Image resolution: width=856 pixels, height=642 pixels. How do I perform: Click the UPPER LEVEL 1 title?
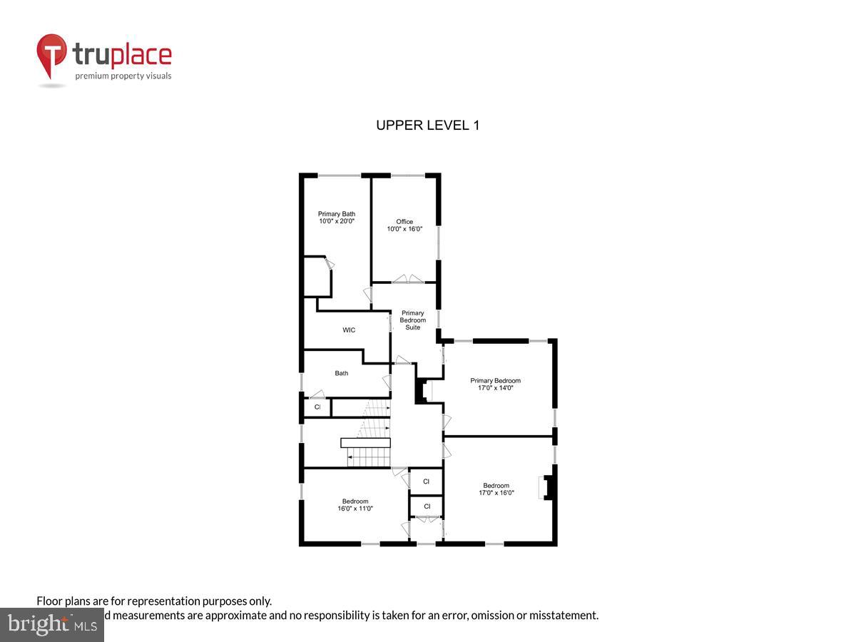click(427, 126)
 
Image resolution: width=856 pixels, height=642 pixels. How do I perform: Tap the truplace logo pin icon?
click(51, 54)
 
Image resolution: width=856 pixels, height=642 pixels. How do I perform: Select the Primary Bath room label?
click(336, 214)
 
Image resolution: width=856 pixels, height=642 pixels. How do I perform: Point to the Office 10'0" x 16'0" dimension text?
click(404, 229)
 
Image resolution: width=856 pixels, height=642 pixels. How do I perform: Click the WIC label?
click(349, 330)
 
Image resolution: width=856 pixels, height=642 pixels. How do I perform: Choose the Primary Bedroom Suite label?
click(413, 320)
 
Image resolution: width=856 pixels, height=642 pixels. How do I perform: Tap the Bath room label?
click(342, 373)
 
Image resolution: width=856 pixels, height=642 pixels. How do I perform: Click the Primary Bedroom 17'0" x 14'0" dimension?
click(495, 388)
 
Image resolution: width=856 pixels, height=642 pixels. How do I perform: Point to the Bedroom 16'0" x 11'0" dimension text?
click(355, 509)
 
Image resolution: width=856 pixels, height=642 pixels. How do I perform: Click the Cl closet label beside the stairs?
click(317, 407)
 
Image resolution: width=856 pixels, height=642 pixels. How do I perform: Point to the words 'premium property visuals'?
click(123, 76)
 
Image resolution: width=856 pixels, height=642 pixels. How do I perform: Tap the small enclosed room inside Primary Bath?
click(317, 277)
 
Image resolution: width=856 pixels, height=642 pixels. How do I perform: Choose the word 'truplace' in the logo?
click(122, 54)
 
